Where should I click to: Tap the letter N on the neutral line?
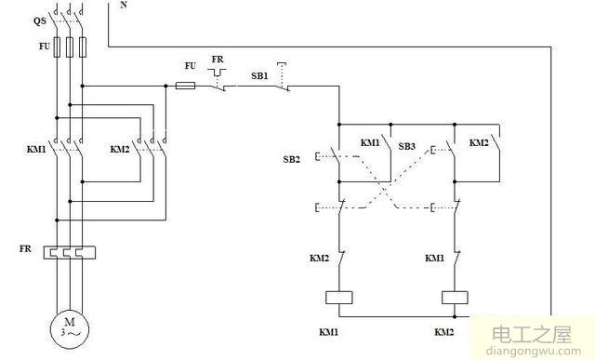125,5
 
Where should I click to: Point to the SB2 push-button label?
292,159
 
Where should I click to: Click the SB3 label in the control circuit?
406,147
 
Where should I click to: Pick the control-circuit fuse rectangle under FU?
186,86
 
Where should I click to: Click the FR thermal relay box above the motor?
70,251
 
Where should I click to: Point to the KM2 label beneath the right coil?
444,331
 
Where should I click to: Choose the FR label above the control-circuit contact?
218,60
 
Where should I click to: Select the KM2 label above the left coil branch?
319,257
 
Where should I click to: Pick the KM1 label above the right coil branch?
434,257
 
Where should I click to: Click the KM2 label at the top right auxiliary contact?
479,142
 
